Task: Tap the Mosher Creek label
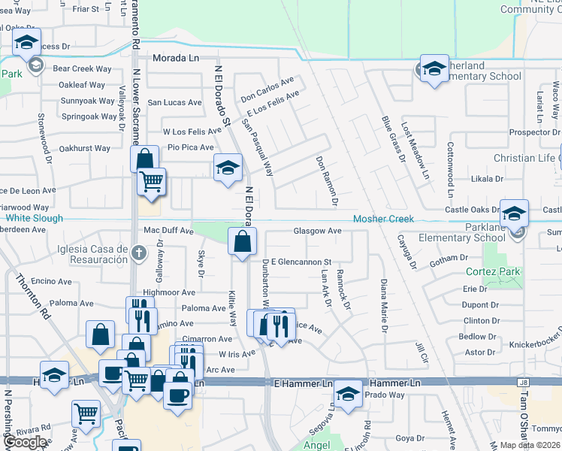coord(384,219)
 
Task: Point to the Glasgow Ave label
coord(317,232)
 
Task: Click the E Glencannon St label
coord(301,262)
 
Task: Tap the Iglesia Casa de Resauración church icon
coord(138,253)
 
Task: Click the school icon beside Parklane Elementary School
coord(516,232)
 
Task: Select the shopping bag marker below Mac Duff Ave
coord(243,243)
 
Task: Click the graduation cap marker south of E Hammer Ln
coord(348,395)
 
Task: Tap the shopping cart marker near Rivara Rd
coord(86,413)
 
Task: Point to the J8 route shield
coord(522,383)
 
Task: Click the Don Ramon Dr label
coord(329,181)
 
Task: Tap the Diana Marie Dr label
coord(384,306)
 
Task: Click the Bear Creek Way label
coord(82,68)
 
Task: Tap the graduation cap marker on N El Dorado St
coord(228,168)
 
